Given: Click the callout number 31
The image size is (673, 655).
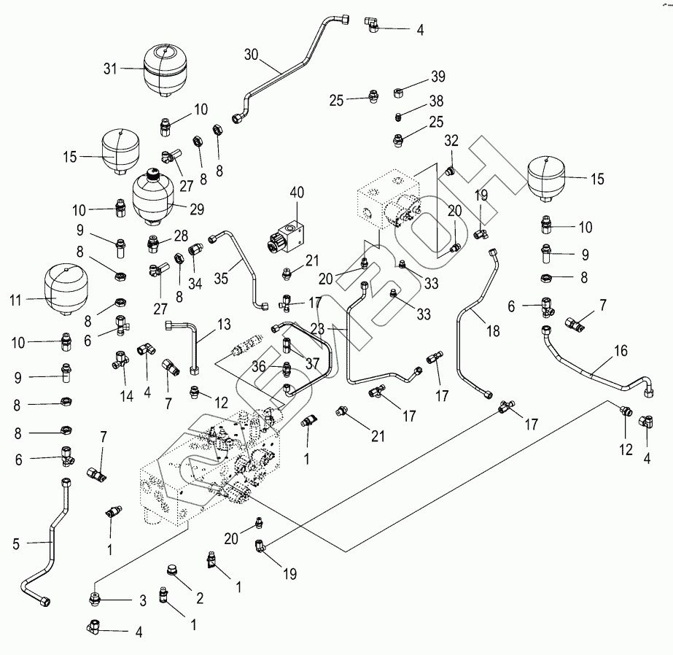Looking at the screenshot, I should tap(110, 69).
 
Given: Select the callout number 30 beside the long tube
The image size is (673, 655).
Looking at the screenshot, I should tap(251, 55).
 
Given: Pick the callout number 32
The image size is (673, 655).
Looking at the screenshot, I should tap(452, 140).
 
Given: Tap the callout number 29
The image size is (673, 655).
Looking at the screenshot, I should tap(196, 209).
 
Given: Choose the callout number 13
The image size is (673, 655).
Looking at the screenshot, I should tap(223, 323).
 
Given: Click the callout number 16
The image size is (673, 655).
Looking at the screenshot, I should tap(620, 351).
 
